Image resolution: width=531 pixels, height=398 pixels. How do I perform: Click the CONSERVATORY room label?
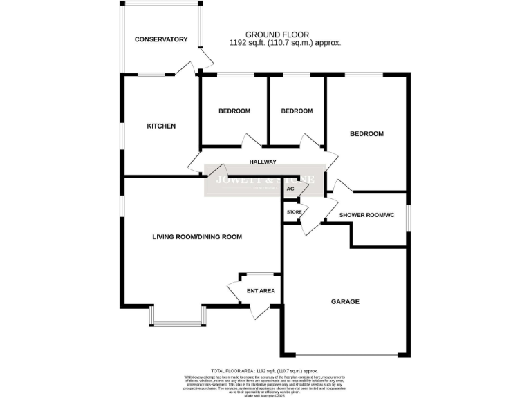click(161, 39)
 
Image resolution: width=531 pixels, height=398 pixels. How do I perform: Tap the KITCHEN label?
click(161, 126)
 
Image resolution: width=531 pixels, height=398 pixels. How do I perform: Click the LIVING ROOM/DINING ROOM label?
click(197, 237)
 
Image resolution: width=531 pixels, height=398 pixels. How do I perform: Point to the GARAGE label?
click(345, 301)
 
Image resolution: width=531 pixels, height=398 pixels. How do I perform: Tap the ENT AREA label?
click(261, 291)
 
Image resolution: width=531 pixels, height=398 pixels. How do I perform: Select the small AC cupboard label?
click(290, 189)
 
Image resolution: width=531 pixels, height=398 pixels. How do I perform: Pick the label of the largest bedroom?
click(366, 134)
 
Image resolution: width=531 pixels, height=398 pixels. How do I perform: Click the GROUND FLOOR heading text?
click(277, 35)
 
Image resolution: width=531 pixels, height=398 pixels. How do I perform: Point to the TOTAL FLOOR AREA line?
click(265, 371)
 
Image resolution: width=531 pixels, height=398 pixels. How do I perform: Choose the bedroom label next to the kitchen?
click(234, 111)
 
